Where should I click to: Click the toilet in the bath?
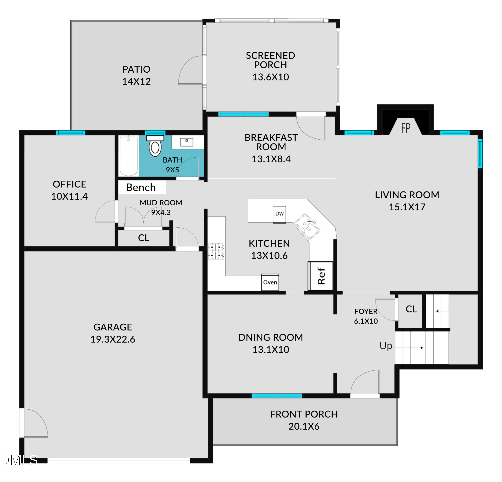coord(155,146)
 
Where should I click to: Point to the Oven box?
coord(270,282)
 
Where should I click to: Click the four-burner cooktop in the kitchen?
coord(216,251)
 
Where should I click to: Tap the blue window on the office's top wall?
coord(70,133)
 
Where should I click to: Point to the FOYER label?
coord(366,312)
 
